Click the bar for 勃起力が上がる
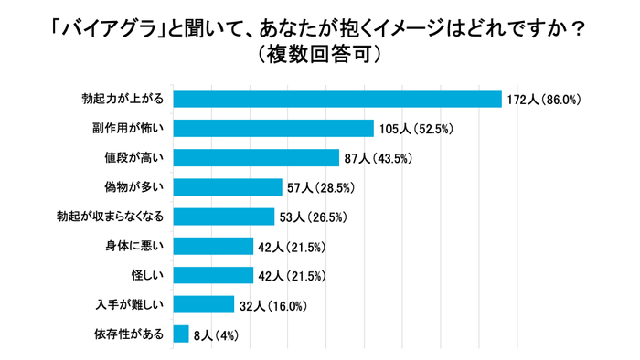coord(337,100)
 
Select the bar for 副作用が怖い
coord(273,129)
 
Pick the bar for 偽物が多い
coord(228,187)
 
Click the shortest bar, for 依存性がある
coord(181,334)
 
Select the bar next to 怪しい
coord(213,275)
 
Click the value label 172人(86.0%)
coord(545,100)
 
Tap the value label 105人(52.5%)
coord(418,129)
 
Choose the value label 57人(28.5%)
coord(321,188)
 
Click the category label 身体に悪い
coord(134,246)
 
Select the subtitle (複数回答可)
coord(319,55)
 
